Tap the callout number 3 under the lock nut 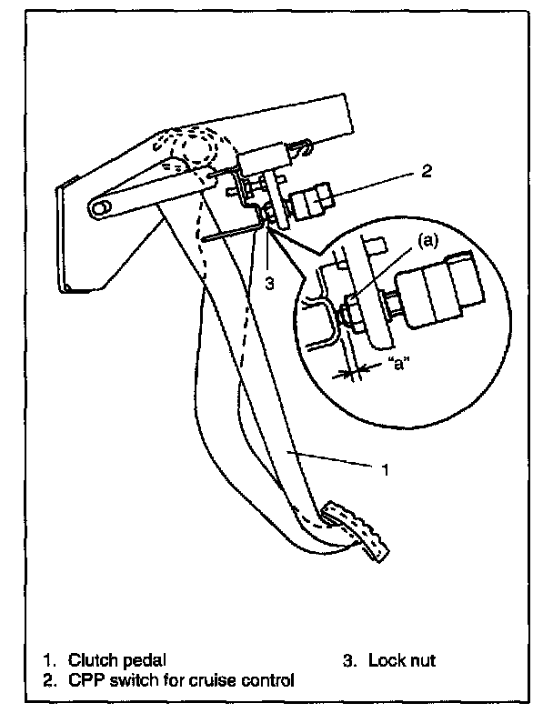269,284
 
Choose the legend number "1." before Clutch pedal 50,660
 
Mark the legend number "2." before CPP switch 50,679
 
